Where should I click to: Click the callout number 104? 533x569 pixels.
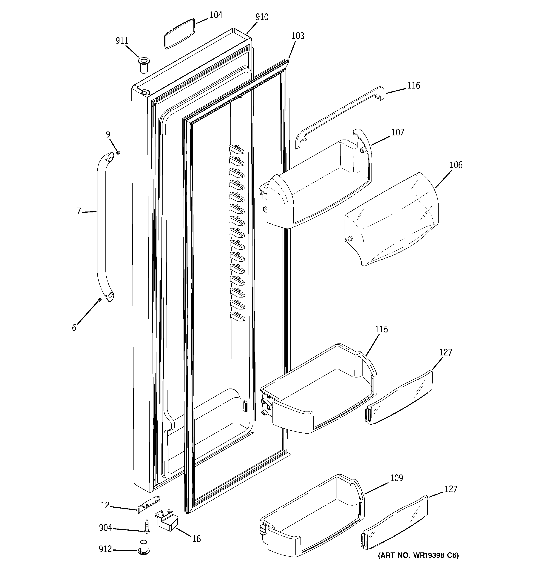click(x=216, y=15)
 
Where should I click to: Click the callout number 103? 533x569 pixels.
click(x=298, y=36)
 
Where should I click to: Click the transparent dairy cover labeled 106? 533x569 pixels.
click(x=392, y=220)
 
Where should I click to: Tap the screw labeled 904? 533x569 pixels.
click(x=147, y=526)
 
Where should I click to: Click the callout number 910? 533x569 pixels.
click(x=262, y=17)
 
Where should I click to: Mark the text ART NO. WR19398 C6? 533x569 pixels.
click(x=418, y=555)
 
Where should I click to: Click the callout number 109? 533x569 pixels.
click(x=396, y=478)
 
